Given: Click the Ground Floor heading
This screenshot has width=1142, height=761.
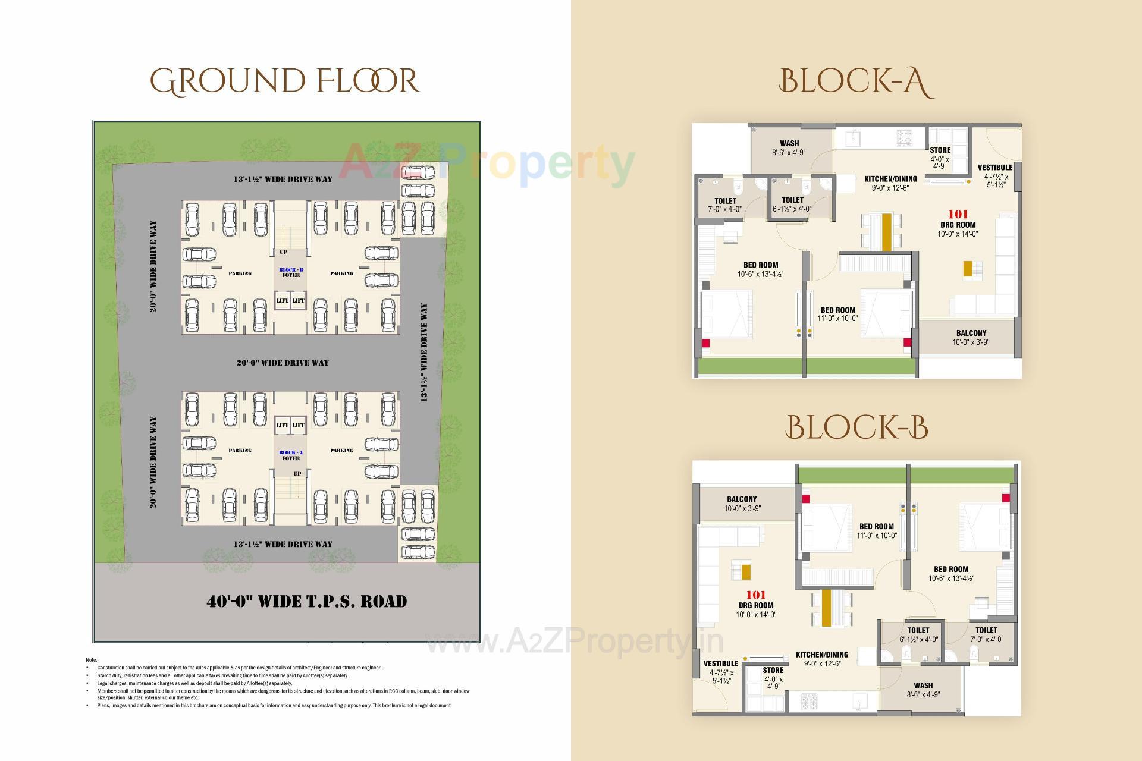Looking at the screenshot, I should (x=284, y=81).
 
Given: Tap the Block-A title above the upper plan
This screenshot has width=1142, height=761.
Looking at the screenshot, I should (x=855, y=82).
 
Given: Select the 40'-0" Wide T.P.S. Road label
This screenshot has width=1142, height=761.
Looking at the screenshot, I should (x=306, y=601).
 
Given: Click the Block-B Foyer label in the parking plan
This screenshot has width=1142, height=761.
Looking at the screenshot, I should (x=291, y=272).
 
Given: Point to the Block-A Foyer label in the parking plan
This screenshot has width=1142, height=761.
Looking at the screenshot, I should (x=291, y=455).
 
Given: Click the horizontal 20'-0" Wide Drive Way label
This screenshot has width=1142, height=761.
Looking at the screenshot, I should (x=283, y=363).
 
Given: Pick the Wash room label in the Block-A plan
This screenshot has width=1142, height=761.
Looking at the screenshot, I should (x=789, y=147).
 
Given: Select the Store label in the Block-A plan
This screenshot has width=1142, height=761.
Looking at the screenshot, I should (x=940, y=158).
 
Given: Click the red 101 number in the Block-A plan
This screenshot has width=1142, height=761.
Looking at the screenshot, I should (x=958, y=214).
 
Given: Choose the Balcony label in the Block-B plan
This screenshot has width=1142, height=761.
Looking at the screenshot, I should (x=742, y=504).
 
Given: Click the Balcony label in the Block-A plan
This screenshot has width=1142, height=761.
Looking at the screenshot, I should (x=971, y=337).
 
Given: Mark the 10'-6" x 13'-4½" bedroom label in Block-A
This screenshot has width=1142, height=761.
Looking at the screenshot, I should (x=760, y=269).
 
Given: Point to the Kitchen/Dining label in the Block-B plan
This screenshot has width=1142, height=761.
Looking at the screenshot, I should (x=822, y=659).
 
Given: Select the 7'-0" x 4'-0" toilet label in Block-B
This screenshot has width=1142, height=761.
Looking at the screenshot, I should (x=986, y=634).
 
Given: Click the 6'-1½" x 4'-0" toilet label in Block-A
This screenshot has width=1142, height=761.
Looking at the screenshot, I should (x=792, y=204).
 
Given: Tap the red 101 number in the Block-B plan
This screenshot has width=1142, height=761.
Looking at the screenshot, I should (x=756, y=595).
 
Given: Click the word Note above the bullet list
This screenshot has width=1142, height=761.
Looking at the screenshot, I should (x=91, y=660).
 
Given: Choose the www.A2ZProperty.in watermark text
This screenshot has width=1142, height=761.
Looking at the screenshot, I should (x=574, y=641).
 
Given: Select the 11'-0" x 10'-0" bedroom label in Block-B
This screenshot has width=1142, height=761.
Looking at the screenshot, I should (x=876, y=531).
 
